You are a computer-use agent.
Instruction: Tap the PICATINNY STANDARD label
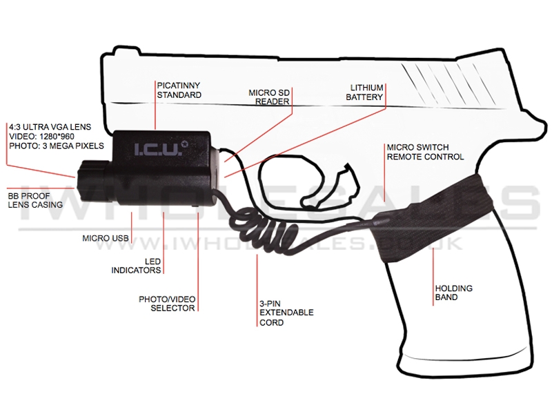pyautogui.click(x=179, y=90)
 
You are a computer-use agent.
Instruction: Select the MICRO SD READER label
pyautogui.click(x=269, y=97)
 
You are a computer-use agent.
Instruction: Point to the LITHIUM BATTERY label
pyautogui.click(x=364, y=92)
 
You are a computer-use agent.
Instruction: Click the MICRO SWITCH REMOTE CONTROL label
pyautogui.click(x=425, y=152)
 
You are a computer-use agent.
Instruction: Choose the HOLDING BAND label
pyautogui.click(x=454, y=293)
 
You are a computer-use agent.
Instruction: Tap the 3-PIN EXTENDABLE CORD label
pyautogui.click(x=286, y=313)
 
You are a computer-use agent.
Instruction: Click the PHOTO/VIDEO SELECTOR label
pyautogui.click(x=167, y=304)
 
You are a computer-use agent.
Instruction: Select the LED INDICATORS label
pyautogui.click(x=136, y=266)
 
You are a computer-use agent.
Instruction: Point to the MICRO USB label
pyautogui.click(x=106, y=238)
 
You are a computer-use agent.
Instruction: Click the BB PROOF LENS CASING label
pyautogui.click(x=35, y=200)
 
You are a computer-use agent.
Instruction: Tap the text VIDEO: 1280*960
pyautogui.click(x=41, y=137)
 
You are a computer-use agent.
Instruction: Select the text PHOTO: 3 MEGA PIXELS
pyautogui.click(x=57, y=146)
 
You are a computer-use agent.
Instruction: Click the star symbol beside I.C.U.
pyautogui.click(x=184, y=144)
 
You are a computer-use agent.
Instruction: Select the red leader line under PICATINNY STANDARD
pyautogui.click(x=155, y=106)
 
